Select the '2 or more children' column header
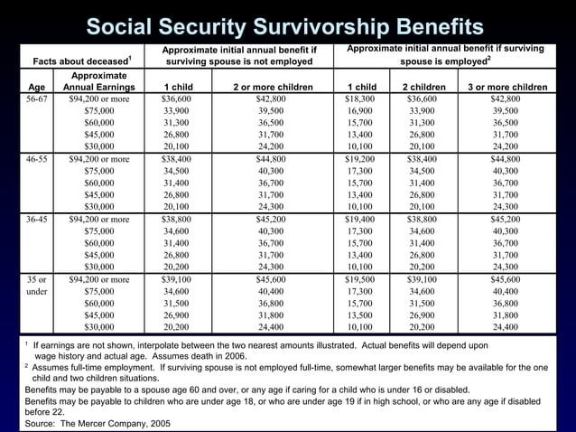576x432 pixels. click(x=272, y=87)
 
